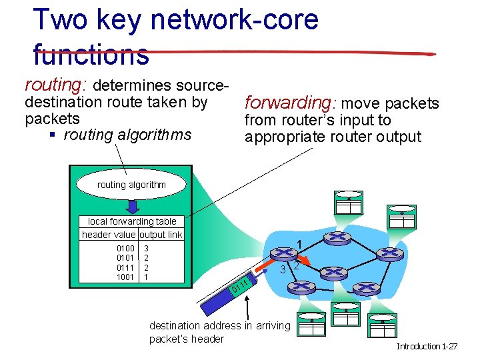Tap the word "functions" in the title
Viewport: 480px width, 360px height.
point(91,55)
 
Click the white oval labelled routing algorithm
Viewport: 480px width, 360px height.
point(131,185)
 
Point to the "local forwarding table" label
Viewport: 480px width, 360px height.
point(132,221)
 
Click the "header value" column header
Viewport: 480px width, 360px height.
point(109,235)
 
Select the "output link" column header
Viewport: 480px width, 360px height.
point(160,235)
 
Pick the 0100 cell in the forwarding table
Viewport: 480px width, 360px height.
point(125,247)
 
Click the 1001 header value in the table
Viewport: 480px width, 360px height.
point(125,277)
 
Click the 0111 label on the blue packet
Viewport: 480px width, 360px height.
point(240,286)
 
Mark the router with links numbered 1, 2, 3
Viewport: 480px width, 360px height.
point(283,254)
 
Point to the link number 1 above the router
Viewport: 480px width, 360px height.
point(300,243)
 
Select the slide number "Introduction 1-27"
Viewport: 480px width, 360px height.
point(427,347)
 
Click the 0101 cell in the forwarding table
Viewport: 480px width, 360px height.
point(125,257)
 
